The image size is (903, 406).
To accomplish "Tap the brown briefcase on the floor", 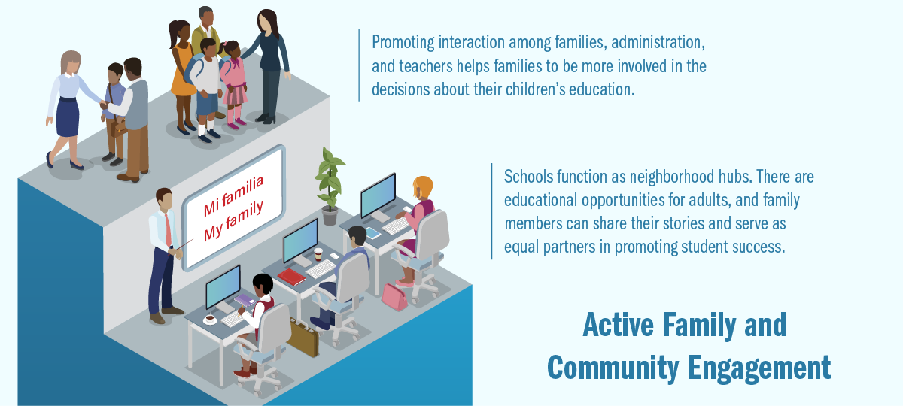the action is point(303,338).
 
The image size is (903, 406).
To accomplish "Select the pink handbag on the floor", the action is point(394,297).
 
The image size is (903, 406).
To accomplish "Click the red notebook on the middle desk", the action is point(291,277).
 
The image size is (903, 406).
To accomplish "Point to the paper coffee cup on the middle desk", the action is point(318,254).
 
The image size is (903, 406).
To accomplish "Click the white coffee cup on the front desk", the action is point(210,320).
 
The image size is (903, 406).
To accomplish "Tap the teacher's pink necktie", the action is point(168,230).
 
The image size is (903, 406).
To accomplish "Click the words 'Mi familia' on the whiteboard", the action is point(233,195).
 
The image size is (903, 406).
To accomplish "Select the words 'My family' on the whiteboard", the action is point(233,220).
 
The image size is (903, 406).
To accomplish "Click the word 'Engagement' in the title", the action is point(759,368).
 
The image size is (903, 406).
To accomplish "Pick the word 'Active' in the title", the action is point(619,324).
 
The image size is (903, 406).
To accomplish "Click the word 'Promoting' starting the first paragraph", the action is point(403,43).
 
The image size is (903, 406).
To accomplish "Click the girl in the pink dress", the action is point(233,84).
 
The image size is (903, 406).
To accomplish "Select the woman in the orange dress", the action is point(181,77).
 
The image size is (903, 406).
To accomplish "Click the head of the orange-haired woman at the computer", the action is point(422,188).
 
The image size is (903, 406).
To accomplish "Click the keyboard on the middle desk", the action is point(321,268).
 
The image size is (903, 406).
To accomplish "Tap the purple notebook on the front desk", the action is point(245,300).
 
